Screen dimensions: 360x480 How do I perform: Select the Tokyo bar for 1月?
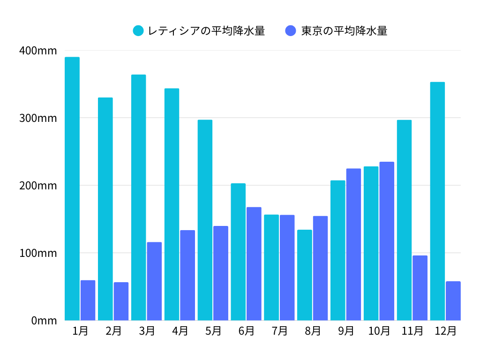(x=88, y=300)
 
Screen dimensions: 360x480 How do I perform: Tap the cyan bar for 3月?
(x=138, y=197)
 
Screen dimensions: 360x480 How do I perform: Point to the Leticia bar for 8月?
(x=305, y=275)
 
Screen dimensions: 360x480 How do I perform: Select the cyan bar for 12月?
(x=437, y=201)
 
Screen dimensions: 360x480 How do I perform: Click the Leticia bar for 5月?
(x=205, y=220)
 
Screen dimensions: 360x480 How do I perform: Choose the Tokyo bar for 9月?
(x=353, y=244)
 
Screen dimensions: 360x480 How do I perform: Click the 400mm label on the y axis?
(x=38, y=51)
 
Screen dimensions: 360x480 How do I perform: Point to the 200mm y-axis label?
(x=38, y=186)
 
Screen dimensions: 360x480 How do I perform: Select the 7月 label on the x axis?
(x=280, y=331)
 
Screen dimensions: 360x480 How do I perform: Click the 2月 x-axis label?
(x=113, y=331)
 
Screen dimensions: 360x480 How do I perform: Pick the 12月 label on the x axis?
(x=445, y=331)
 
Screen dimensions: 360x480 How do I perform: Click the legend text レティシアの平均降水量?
(x=206, y=31)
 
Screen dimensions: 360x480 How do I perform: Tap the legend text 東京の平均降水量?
(x=344, y=31)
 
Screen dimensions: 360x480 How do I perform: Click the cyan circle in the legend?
(x=138, y=31)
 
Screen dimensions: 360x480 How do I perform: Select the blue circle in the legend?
(x=291, y=31)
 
